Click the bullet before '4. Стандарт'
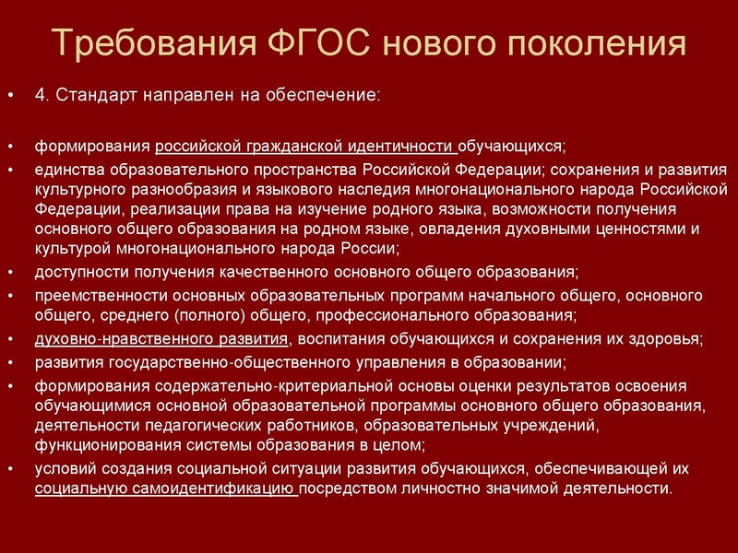pyautogui.click(x=10, y=97)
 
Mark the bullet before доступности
pyautogui.click(x=10, y=273)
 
